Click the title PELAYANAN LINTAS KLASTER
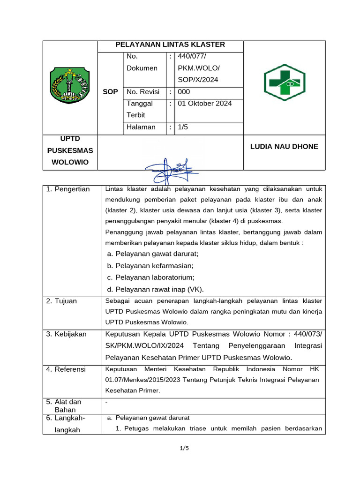(170, 45)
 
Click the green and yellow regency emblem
(70, 85)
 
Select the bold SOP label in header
(110, 92)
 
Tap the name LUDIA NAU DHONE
(284, 147)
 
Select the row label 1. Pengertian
(68, 189)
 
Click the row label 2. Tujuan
(61, 301)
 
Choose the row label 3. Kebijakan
(67, 334)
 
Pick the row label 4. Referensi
(66, 369)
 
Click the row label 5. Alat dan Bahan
(64, 405)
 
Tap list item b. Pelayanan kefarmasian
(150, 266)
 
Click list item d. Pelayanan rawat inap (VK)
(155, 289)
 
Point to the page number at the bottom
(184, 448)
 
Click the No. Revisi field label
(143, 92)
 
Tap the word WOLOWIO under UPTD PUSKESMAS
(70, 163)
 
